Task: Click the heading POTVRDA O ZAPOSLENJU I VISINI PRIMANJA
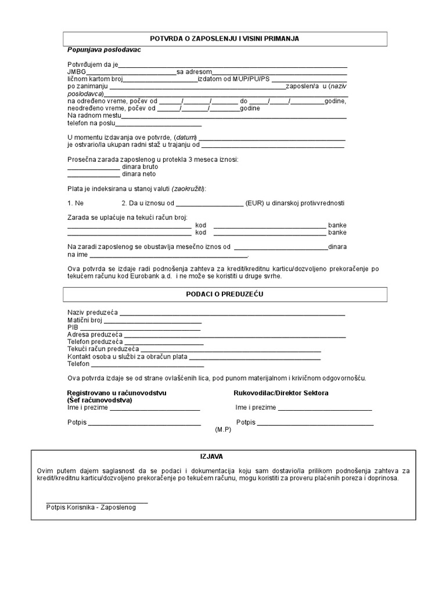pos(224,38)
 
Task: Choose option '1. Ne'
pos(75,204)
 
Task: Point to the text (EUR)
pos(255,204)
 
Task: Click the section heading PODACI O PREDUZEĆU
pos(224,294)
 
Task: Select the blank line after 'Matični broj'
pos(160,321)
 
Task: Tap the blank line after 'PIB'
pos(139,329)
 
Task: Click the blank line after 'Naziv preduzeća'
pos(232,314)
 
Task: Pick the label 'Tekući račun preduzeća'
pos(103,349)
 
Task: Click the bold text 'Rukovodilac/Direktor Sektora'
pos(280,393)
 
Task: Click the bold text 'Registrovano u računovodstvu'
pos(117,393)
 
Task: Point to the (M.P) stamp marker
pos(223,430)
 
